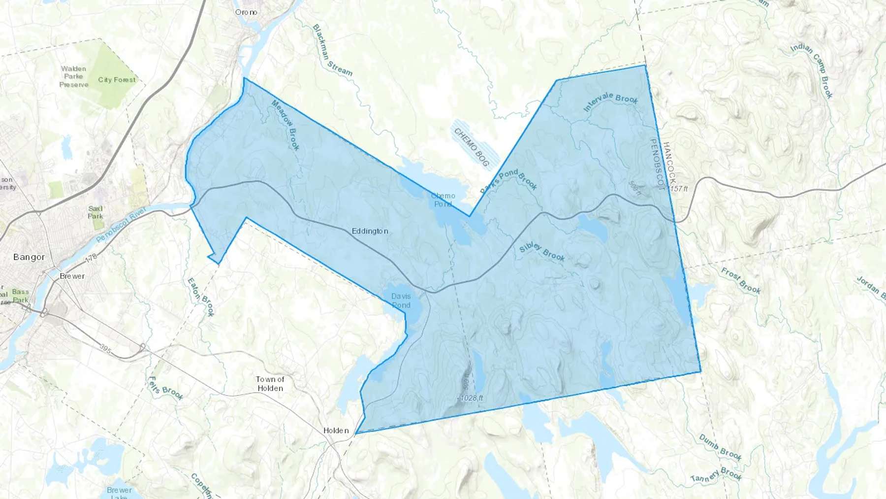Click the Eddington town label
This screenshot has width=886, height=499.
370,231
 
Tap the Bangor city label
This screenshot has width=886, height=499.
29,257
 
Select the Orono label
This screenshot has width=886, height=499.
246,12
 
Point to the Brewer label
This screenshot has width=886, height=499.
72,276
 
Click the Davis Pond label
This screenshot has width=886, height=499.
401,300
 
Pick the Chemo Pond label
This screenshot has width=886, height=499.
443,200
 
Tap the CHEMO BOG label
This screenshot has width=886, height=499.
472,147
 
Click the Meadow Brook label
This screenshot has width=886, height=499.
285,125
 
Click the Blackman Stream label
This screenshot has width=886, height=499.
333,50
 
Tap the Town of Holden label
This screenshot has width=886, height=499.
270,384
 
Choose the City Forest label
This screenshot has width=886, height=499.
117,80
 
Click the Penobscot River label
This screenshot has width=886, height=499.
122,224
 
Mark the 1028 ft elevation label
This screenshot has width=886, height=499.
472,398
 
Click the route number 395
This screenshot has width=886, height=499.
105,348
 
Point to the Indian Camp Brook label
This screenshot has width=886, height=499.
812,70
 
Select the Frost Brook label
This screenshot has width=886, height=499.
741,281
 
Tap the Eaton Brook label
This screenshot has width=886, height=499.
201,297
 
